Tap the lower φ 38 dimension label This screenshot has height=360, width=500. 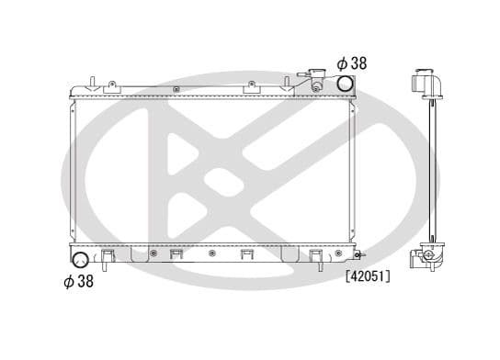coord(77,281)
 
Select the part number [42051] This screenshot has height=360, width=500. coord(368,276)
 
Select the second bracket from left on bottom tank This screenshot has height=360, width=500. coord(176,255)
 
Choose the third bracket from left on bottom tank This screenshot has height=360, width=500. coord(246,255)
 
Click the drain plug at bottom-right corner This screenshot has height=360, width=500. coord(360,254)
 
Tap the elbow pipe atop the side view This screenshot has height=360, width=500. coord(426,83)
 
